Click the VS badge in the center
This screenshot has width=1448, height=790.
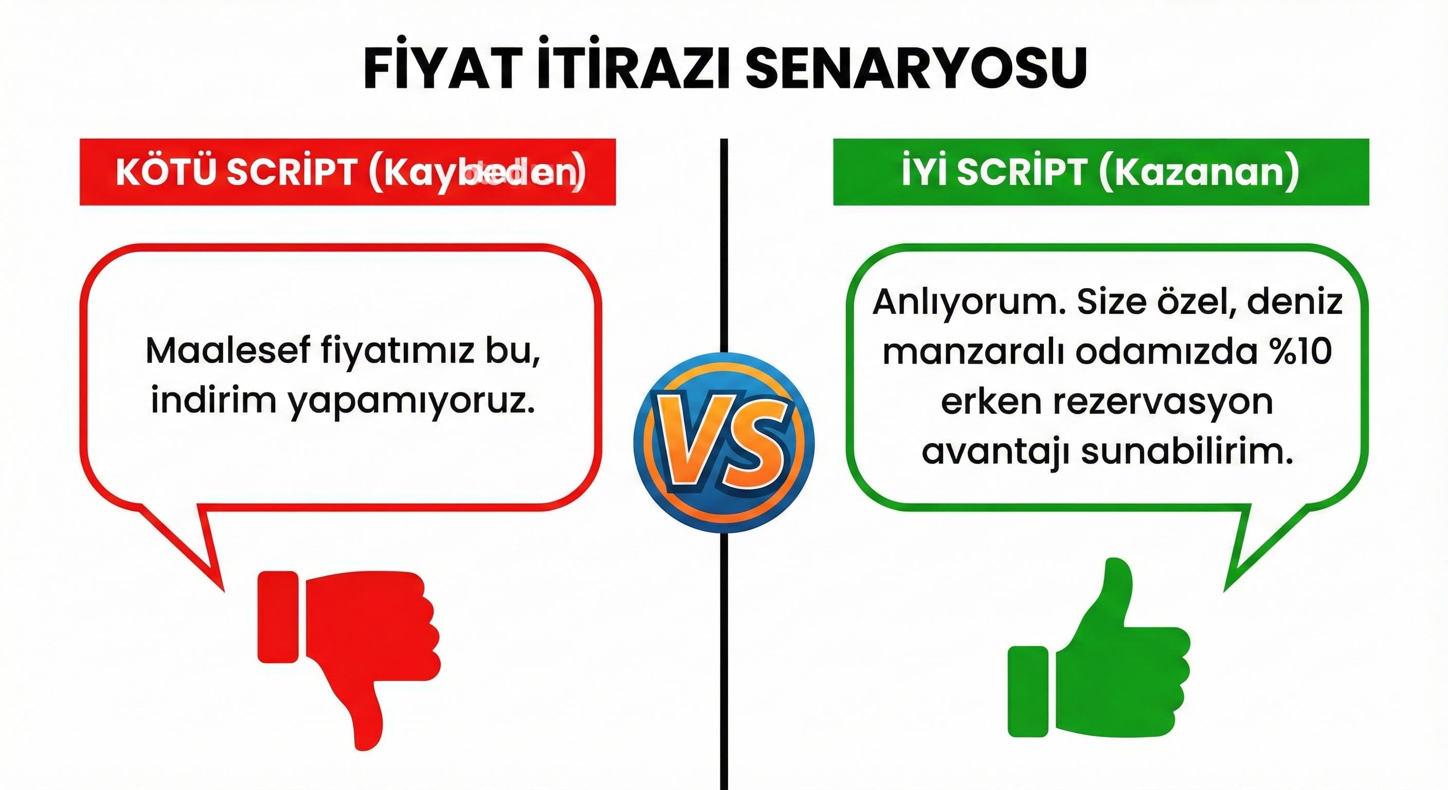723,442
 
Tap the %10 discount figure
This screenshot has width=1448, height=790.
1298,351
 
